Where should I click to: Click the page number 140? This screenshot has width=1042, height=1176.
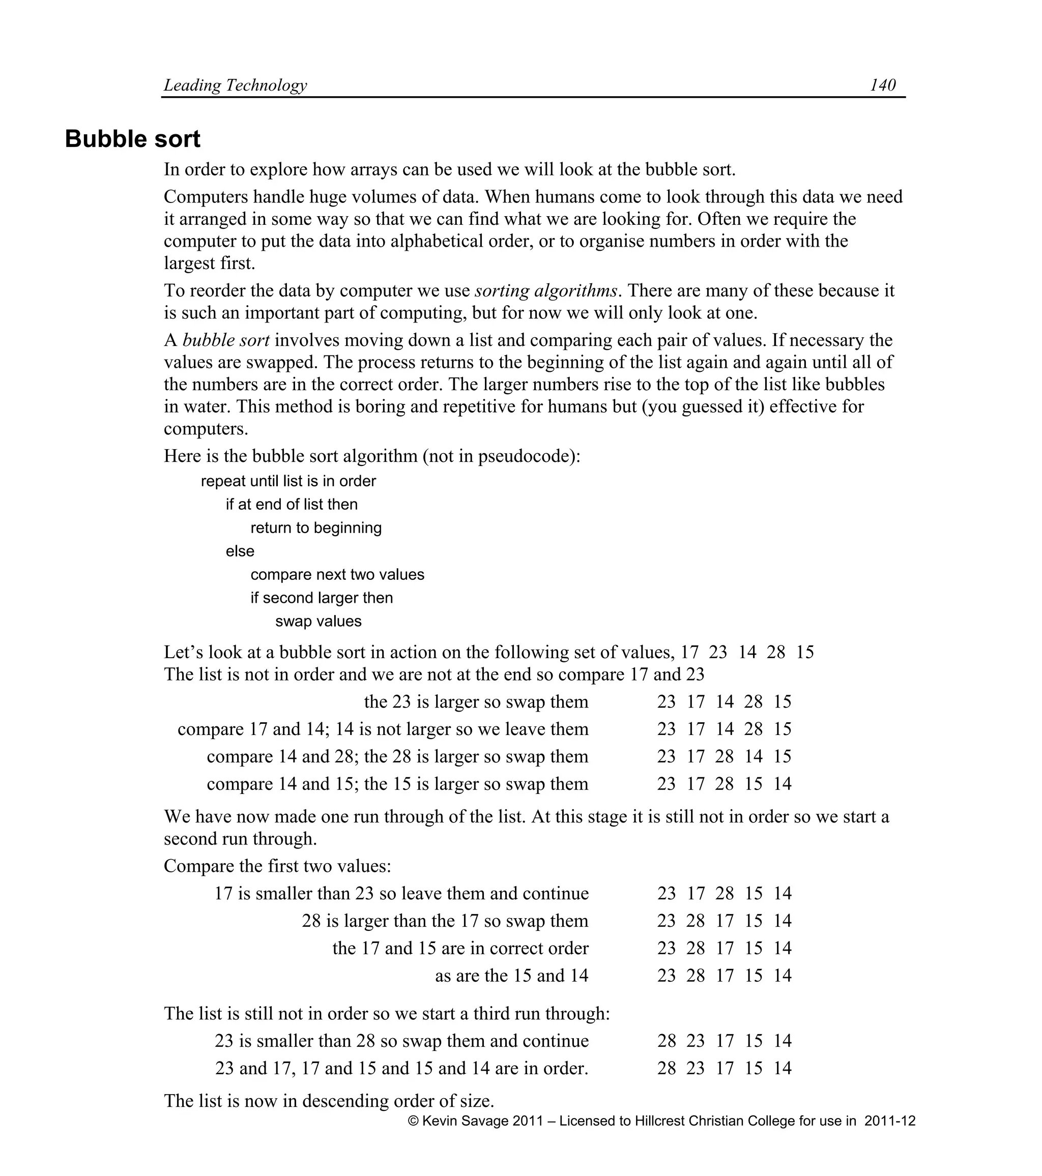(882, 85)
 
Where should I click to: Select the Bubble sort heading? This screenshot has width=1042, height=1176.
(132, 139)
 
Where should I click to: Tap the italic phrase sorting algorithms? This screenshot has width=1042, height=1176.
(545, 290)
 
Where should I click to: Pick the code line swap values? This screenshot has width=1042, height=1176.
(318, 622)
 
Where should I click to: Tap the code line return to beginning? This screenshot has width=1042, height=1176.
(316, 527)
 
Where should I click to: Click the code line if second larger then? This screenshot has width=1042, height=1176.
(321, 598)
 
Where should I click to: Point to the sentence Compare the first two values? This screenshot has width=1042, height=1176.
(277, 866)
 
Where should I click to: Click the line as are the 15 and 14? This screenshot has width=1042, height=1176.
(511, 975)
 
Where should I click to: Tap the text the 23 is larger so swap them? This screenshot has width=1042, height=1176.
(476, 702)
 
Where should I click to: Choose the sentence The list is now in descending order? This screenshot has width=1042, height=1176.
(329, 1101)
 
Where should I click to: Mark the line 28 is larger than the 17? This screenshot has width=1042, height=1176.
(445, 921)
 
